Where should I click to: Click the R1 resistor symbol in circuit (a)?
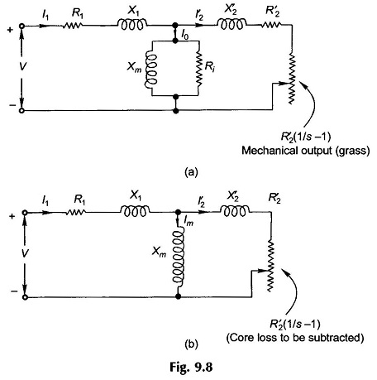(72, 26)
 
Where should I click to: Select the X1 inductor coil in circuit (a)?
(132, 24)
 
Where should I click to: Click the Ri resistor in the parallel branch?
(198, 68)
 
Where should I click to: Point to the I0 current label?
(185, 35)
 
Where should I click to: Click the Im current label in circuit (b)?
(188, 221)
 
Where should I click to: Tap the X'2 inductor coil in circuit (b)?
(235, 211)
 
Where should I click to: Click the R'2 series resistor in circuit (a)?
(271, 25)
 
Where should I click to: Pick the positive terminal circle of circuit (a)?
(21, 26)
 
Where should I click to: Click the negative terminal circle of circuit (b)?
(25, 297)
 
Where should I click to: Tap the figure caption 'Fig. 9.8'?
(191, 368)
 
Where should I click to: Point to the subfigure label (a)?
(191, 172)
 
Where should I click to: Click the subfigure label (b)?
(191, 344)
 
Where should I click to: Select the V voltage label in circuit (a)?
(22, 66)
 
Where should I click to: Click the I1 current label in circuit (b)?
(45, 201)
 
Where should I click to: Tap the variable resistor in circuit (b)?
(270, 266)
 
